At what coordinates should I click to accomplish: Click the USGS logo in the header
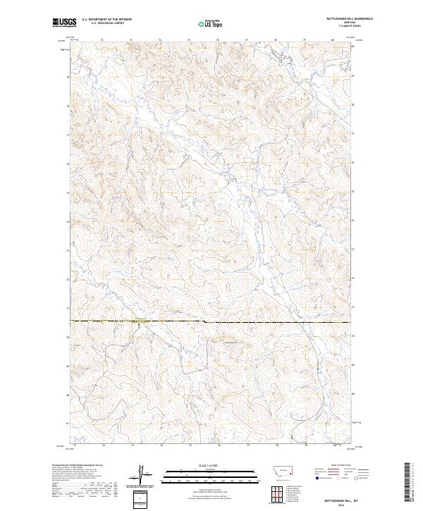[63, 23]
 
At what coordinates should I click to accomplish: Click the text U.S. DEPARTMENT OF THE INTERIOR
[106, 20]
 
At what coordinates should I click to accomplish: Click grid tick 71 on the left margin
[68, 309]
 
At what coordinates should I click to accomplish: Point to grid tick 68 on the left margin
[68, 395]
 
